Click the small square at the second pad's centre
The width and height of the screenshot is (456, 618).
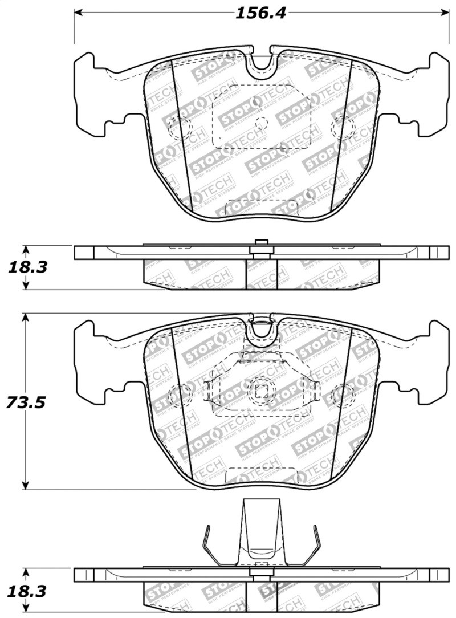[262, 391]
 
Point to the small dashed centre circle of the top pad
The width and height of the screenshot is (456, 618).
[262, 122]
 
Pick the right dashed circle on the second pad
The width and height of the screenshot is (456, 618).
[343, 392]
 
